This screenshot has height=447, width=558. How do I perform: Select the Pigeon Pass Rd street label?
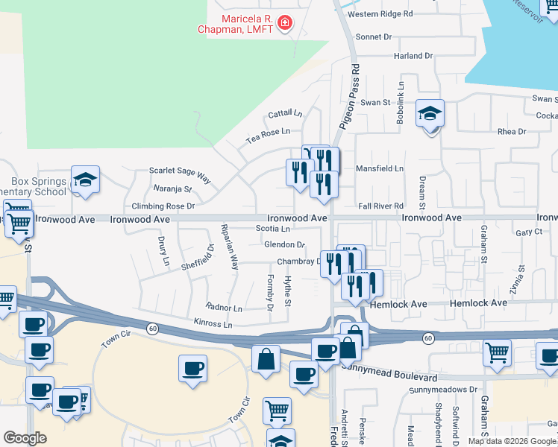click(350, 98)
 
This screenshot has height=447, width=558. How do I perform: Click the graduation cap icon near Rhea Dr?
click(430, 114)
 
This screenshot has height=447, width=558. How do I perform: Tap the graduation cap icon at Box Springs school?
click(85, 180)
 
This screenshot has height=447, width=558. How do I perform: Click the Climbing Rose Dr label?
click(163, 206)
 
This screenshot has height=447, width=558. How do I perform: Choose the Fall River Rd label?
click(380, 206)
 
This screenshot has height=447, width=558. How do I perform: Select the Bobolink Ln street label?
click(401, 103)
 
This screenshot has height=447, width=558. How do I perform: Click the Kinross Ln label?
click(213, 325)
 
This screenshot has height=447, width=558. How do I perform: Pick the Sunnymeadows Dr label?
click(442, 390)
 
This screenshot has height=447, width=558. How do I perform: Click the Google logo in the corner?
click(25, 438)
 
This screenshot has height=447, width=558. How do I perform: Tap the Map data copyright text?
click(511, 441)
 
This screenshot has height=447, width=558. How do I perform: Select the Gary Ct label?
click(528, 232)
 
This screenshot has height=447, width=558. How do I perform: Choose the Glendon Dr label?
click(284, 244)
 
